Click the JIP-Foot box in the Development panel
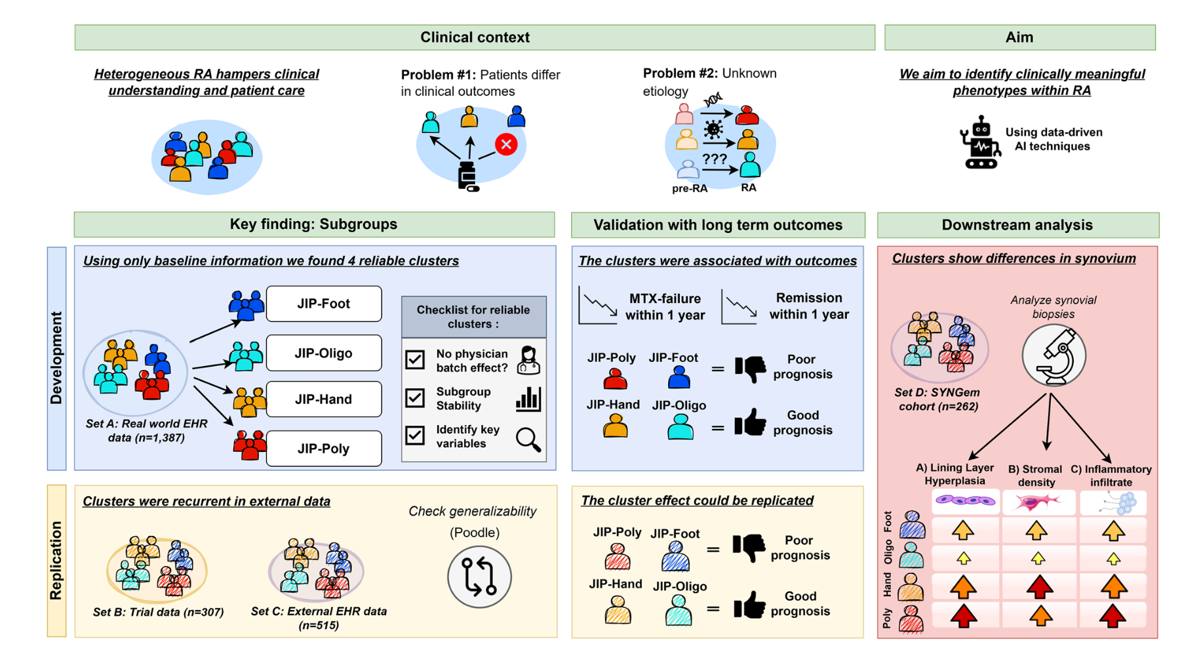pyautogui.click(x=324, y=304)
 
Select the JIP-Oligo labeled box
pyautogui.click(x=324, y=353)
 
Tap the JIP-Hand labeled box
pyautogui.click(x=324, y=399)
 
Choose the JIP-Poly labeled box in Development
pyautogui.click(x=324, y=449)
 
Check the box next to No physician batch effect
pyautogui.click(x=415, y=359)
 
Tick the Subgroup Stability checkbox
pyautogui.click(x=415, y=397)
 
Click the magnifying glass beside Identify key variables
pyautogui.click(x=528, y=439)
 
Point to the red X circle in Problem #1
pyautogui.click(x=506, y=144)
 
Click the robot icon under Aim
pyautogui.click(x=981, y=143)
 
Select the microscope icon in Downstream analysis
pyautogui.click(x=1053, y=356)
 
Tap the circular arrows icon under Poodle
pyautogui.click(x=480, y=577)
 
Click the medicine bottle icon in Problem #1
pyautogui.click(x=467, y=176)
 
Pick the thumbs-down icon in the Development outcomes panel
pyautogui.click(x=750, y=369)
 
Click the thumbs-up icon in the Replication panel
pyautogui.click(x=749, y=605)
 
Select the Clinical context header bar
pyautogui.click(x=475, y=37)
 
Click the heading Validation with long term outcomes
pyautogui.click(x=718, y=225)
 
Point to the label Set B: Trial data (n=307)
pyautogui.click(x=158, y=612)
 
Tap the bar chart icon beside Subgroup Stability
pyautogui.click(x=528, y=399)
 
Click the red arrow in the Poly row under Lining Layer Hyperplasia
pyautogui.click(x=963, y=616)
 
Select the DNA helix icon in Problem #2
pyautogui.click(x=713, y=100)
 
